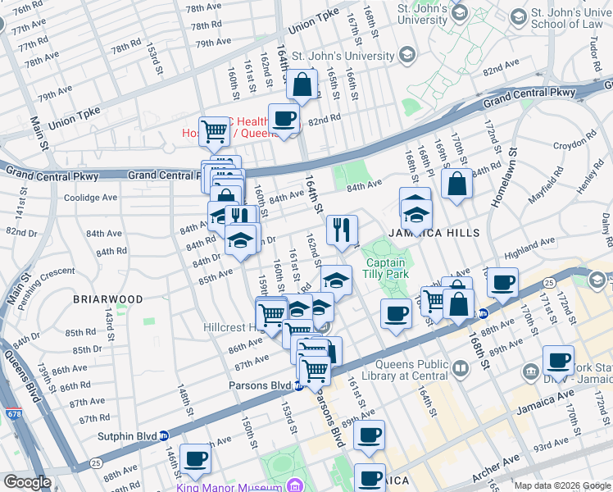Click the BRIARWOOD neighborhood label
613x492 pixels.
click(x=107, y=299)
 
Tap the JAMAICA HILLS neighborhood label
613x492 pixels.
click(x=434, y=233)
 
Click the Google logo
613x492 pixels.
click(x=27, y=482)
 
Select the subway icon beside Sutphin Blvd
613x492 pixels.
click(x=164, y=436)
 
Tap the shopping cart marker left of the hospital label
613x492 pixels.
click(x=214, y=130)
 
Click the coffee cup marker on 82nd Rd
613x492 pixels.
click(x=284, y=118)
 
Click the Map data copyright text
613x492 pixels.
click(x=561, y=485)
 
